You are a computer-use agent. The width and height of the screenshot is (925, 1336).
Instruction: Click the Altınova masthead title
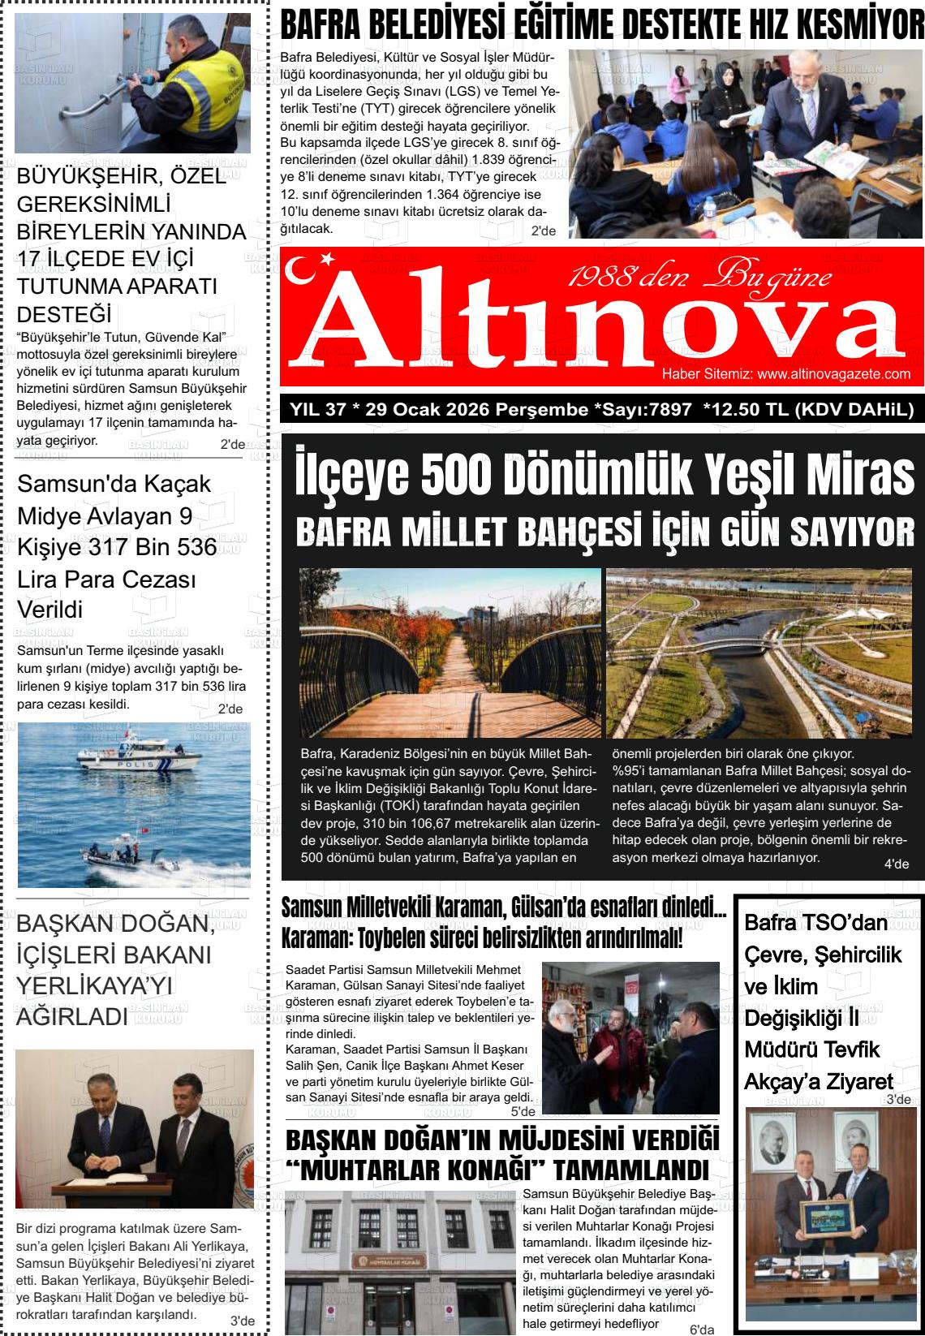[x=600, y=325]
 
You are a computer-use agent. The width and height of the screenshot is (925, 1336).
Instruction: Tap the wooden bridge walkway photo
[x=450, y=653]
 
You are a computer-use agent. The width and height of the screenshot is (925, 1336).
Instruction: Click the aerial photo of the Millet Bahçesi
[x=759, y=653]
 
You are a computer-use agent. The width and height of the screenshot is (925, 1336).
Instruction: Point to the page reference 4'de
[x=896, y=864]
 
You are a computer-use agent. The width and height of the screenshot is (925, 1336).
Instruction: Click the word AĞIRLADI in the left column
[x=72, y=1016]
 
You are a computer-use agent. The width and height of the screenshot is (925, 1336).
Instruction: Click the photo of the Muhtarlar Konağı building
[x=401, y=1262]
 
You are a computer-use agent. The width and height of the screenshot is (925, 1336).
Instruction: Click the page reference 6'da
[x=701, y=1330]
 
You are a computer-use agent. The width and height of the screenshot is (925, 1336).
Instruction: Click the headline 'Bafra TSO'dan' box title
[x=816, y=923]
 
